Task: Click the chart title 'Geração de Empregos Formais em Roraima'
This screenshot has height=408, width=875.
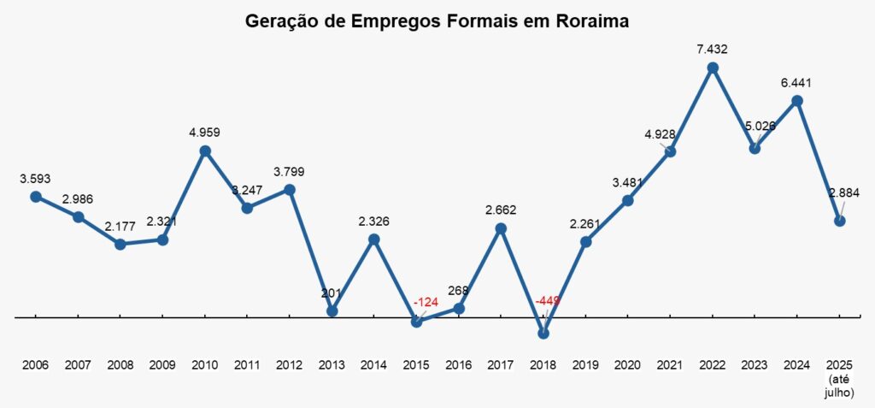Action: tap(437, 21)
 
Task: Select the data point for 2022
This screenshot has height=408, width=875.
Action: tap(713, 68)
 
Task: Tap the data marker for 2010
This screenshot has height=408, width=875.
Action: tap(205, 151)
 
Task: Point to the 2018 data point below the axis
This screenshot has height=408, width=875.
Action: tap(543, 334)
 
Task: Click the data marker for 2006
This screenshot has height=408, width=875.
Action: tap(36, 197)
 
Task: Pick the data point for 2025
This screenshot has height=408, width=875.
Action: tap(840, 221)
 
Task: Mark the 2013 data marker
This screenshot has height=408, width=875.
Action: tap(332, 311)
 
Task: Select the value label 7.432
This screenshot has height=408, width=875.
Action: tap(712, 50)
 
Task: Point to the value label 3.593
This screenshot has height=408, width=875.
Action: tap(36, 179)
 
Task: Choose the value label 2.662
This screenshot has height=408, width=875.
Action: tap(501, 210)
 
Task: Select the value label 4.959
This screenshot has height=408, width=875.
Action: tap(205, 133)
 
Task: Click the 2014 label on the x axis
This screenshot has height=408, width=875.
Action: tap(374, 365)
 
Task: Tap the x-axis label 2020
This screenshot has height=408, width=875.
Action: tap(628, 365)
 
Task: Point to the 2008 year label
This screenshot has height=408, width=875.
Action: tap(120, 365)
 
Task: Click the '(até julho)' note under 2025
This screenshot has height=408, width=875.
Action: tap(841, 387)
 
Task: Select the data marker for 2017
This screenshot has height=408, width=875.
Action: tap(501, 228)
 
